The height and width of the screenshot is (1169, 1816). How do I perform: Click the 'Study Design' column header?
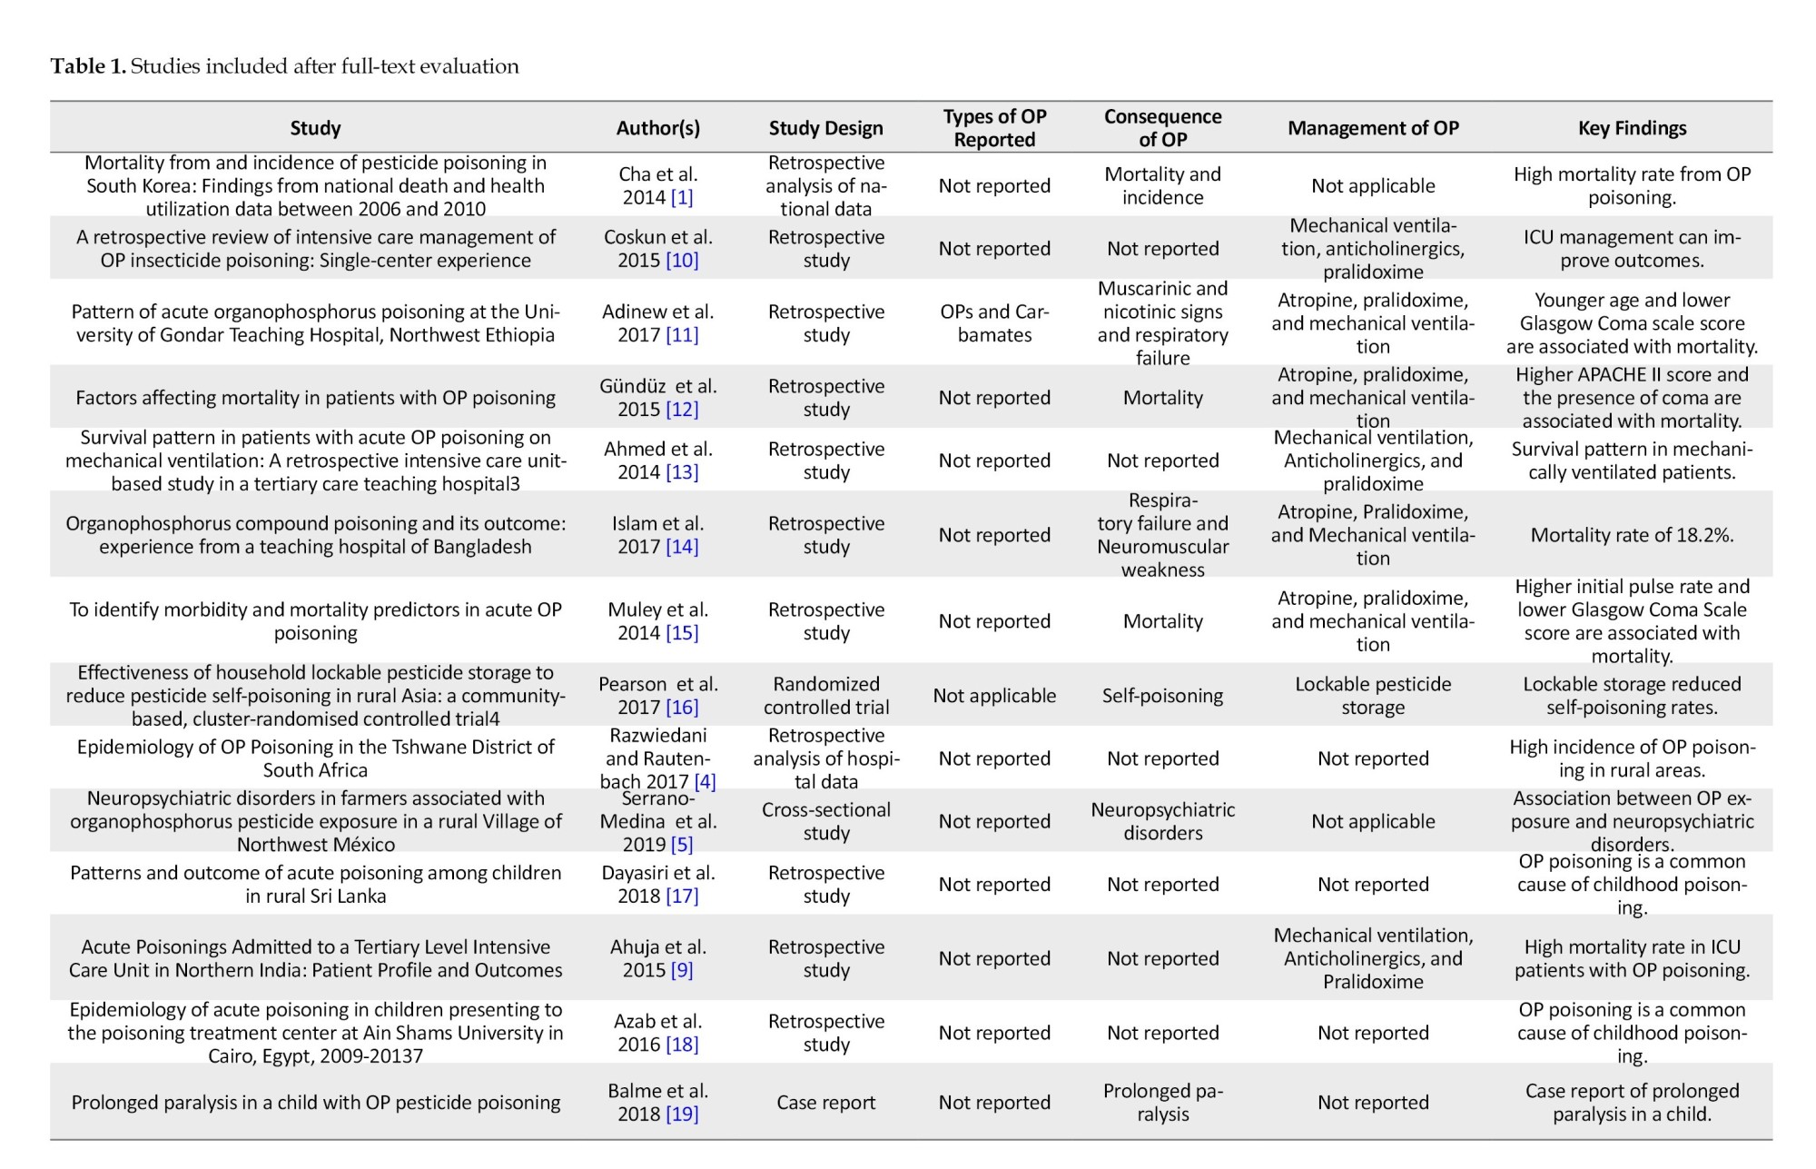(x=825, y=128)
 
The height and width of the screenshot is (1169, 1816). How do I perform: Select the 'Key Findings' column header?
(x=1632, y=128)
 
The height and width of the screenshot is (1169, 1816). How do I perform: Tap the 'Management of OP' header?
(x=1373, y=128)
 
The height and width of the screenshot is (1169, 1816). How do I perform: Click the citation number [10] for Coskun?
(x=682, y=261)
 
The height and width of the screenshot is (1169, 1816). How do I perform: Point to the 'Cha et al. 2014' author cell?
(x=657, y=185)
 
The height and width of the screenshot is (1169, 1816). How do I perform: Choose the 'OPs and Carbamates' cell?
(x=994, y=323)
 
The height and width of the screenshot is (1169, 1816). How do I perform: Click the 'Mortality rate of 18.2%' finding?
(x=1632, y=535)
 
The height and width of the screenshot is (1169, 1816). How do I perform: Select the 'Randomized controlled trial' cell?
(x=825, y=696)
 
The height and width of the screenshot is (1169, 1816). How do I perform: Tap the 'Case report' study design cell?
(x=825, y=1103)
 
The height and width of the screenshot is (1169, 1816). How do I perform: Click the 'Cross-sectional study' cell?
(x=825, y=821)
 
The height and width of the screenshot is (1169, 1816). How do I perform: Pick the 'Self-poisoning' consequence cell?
(x=1162, y=696)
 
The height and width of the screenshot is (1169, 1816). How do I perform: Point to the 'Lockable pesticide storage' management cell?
(x=1373, y=696)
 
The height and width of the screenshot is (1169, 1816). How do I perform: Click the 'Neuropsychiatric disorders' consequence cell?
(x=1162, y=821)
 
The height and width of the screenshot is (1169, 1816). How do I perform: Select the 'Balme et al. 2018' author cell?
(x=657, y=1102)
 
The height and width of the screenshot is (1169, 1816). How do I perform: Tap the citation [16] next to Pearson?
(x=682, y=708)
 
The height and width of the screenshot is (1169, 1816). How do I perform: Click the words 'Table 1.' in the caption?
(x=88, y=66)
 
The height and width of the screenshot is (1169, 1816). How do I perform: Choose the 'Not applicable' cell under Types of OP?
(x=994, y=696)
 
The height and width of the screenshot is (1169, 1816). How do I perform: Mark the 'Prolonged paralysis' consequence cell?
(x=1162, y=1102)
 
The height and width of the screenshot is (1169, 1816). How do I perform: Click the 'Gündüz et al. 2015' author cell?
(x=657, y=398)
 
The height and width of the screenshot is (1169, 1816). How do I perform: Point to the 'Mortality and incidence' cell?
(x=1162, y=185)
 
